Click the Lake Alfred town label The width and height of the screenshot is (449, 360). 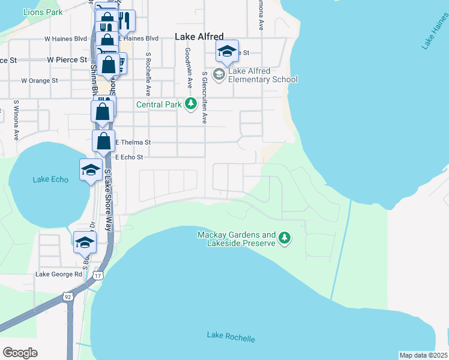[x=199, y=37]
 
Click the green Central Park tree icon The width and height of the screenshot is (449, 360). [x=191, y=104]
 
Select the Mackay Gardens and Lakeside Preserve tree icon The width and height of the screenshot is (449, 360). [x=285, y=239]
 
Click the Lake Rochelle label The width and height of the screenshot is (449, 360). [x=231, y=337]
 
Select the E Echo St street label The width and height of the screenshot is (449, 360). [x=128, y=157]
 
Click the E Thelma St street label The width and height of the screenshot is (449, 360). [x=133, y=142]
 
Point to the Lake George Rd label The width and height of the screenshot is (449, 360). [x=58, y=274]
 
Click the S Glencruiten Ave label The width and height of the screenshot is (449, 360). [x=205, y=98]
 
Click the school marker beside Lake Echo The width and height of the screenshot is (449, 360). [x=91, y=170]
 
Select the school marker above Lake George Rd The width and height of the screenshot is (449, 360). [x=85, y=243]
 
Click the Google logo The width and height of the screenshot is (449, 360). [x=20, y=353]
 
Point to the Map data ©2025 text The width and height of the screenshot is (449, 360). [x=423, y=355]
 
